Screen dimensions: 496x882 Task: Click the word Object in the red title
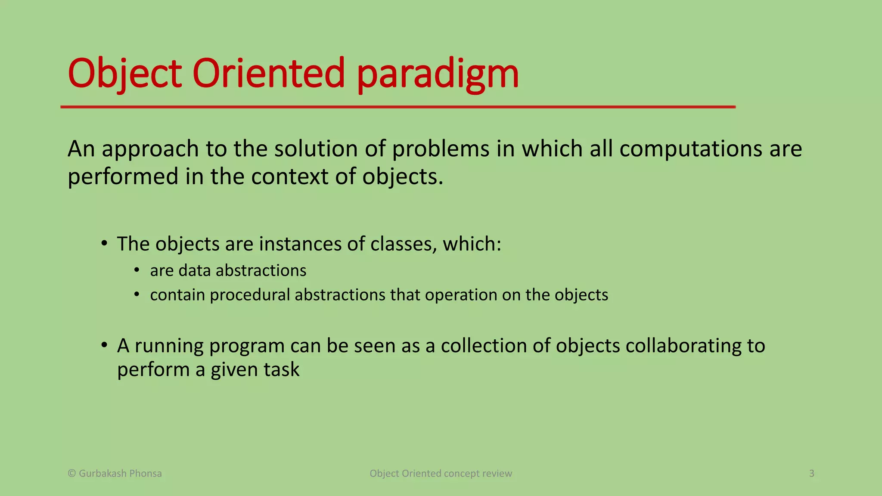[x=124, y=74]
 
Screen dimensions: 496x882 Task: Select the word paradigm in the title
[x=438, y=74]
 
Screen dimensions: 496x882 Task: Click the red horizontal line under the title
[x=398, y=107]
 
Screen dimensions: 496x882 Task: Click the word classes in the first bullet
[x=404, y=244]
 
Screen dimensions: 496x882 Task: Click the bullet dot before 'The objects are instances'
[x=104, y=244]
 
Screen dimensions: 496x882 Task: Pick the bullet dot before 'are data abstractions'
[x=137, y=270]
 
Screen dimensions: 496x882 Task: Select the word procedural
[x=250, y=295]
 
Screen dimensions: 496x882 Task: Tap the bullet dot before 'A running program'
[x=104, y=345]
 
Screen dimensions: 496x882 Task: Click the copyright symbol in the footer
[x=72, y=474]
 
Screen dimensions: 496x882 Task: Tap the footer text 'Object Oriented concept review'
[x=441, y=474]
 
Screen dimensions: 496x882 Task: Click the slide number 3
[x=811, y=474]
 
